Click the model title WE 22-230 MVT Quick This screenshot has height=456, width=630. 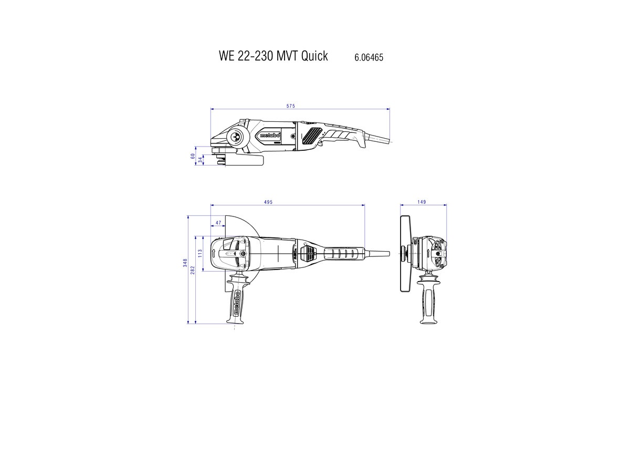point(273,56)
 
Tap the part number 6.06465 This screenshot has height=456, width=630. point(369,57)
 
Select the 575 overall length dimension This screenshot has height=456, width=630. point(290,106)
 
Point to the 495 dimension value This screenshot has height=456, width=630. point(268,202)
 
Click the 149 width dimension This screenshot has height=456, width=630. point(422,202)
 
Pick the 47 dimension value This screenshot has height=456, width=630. point(218,223)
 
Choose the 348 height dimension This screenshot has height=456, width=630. point(185,263)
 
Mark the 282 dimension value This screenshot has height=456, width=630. point(193,270)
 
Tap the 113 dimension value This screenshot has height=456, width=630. point(200,253)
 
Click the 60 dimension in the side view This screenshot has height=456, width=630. point(193,156)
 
